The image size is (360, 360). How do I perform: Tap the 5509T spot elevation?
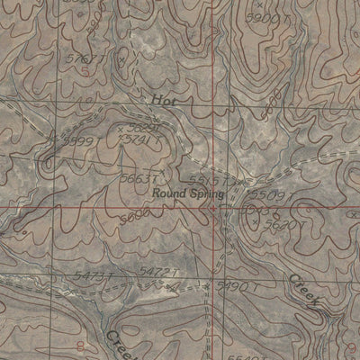click(x=268, y=193)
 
